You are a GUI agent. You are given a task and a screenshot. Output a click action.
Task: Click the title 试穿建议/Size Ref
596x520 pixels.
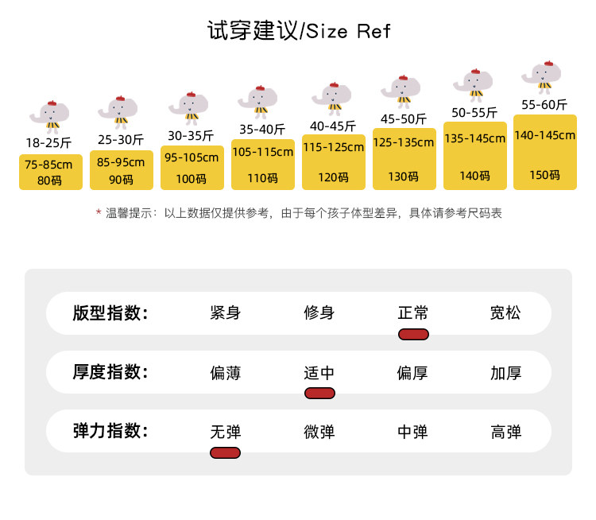tap(299, 32)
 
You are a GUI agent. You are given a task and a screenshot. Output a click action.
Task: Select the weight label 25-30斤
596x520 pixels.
tap(121, 140)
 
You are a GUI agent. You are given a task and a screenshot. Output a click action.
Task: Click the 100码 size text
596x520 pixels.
tap(191, 179)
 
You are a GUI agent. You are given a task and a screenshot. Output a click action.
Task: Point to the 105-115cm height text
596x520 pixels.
tap(262, 152)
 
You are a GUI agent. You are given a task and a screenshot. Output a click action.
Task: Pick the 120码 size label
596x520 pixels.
tap(333, 177)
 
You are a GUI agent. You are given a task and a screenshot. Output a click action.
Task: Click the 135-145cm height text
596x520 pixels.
tap(474, 138)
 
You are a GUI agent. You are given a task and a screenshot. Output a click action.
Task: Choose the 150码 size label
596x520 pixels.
tap(544, 175)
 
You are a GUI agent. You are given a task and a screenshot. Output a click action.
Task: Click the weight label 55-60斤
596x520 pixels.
tap(544, 105)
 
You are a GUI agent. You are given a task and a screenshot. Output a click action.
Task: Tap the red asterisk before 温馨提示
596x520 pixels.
tap(99, 213)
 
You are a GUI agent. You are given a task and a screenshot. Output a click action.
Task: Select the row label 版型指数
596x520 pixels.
tap(110, 312)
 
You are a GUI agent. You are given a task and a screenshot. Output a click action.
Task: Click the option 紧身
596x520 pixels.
tap(226, 312)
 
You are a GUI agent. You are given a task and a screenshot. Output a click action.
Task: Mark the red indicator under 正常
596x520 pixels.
tap(413, 333)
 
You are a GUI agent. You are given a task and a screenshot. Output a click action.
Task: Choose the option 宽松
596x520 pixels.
tap(506, 312)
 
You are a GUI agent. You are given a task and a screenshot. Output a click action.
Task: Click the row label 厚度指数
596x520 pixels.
tap(110, 372)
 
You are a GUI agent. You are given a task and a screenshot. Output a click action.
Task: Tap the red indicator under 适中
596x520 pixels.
tap(319, 393)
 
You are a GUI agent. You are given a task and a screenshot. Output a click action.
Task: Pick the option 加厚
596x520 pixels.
tap(506, 372)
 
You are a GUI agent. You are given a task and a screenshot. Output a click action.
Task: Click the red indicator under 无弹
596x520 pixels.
tap(226, 452)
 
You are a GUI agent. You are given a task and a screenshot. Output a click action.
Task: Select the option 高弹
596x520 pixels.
tap(506, 432)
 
